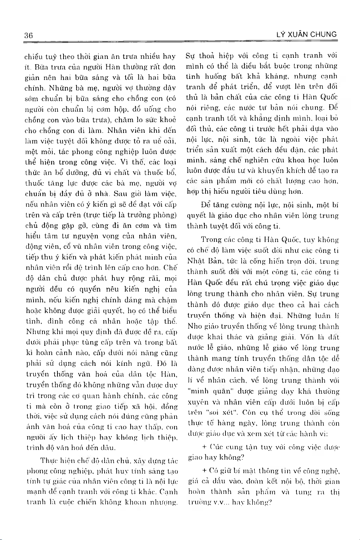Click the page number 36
coord(29,35)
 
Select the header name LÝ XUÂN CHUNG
coord(306,35)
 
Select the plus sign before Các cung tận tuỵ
coord(204,446)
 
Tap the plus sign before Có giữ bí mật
coord(204,471)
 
